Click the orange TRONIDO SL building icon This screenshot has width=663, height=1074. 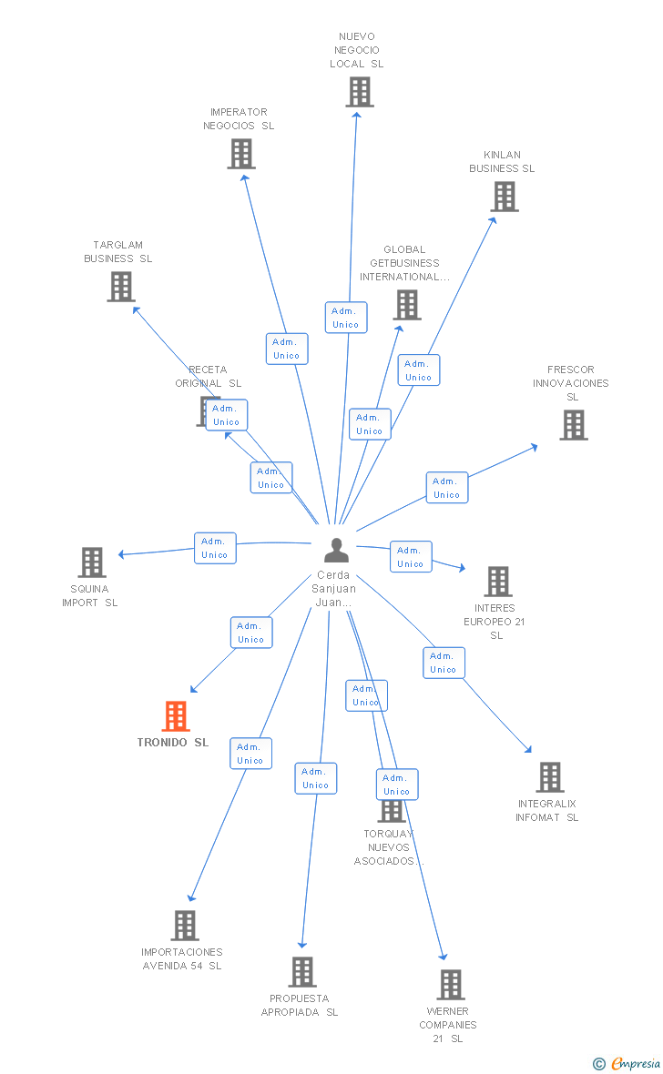pyautogui.click(x=176, y=716)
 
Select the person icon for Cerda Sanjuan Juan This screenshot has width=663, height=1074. pyautogui.click(x=336, y=551)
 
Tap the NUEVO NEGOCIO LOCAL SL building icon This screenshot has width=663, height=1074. pyautogui.click(x=360, y=92)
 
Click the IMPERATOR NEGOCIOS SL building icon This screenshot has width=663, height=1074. pyautogui.click(x=241, y=154)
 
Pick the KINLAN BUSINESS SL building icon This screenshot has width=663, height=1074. pyautogui.click(x=505, y=197)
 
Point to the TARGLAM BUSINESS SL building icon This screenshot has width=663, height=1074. pyautogui.click(x=121, y=287)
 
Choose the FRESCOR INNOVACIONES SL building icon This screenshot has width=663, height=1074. pyautogui.click(x=574, y=425)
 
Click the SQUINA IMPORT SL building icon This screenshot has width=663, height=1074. pyautogui.click(x=92, y=562)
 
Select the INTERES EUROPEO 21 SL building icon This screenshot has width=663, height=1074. pyautogui.click(x=498, y=582)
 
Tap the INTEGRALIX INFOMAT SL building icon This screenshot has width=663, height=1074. pyautogui.click(x=550, y=777)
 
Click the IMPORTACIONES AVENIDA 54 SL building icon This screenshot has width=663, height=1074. pyautogui.click(x=185, y=926)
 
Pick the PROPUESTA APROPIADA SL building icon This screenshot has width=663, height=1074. pyautogui.click(x=302, y=972)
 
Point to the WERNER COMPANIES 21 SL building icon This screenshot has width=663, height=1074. pyautogui.click(x=451, y=985)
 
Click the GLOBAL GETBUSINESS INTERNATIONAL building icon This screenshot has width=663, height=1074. pyautogui.click(x=407, y=305)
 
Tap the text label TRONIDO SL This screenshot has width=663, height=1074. pyautogui.click(x=173, y=743)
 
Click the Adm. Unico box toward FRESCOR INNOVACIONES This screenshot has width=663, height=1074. pyautogui.click(x=446, y=488)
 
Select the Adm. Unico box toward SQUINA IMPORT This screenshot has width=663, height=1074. pyautogui.click(x=215, y=548)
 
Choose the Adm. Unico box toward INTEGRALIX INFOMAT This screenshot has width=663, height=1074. pyautogui.click(x=444, y=663)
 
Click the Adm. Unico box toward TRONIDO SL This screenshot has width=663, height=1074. pyautogui.click(x=250, y=633)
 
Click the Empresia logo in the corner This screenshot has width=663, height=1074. pyautogui.click(x=627, y=1063)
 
